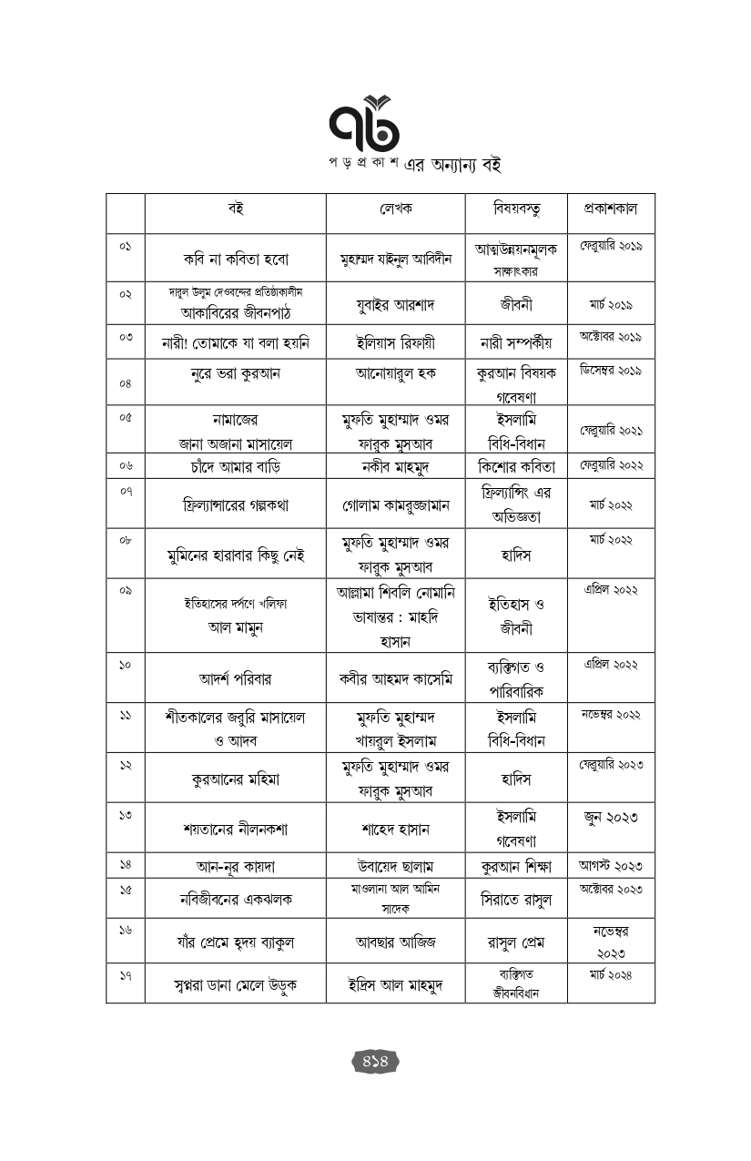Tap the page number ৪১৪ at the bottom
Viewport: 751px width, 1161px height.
click(376, 1061)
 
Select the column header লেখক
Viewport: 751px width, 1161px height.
click(395, 209)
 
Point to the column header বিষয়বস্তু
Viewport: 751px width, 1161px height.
click(516, 209)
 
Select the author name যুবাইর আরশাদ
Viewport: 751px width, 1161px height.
click(395, 303)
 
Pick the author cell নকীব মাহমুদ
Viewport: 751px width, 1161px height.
click(395, 466)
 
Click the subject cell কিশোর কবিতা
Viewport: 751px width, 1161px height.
click(516, 466)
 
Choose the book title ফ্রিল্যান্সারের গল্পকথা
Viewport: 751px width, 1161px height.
click(235, 504)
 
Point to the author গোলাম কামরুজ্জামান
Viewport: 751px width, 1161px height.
click(395, 504)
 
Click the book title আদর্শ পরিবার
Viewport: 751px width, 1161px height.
click(235, 678)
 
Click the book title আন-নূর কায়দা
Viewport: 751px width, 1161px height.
click(235, 866)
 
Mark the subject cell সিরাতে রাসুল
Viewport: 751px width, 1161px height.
click(516, 899)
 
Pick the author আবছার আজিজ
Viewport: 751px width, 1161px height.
click(395, 942)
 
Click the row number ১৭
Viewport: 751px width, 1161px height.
click(126, 975)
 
